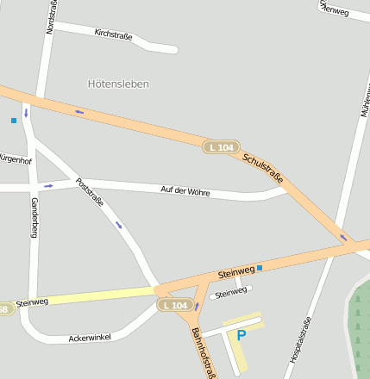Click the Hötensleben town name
118,84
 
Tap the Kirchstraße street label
113,35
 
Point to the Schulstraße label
262,168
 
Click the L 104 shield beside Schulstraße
221,147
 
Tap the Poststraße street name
90,192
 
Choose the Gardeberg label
34,217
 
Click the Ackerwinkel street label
91,337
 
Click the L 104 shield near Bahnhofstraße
173,305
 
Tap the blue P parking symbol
241,334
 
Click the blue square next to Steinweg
260,268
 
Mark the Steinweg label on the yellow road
31,302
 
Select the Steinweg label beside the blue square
235,272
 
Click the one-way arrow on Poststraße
119,226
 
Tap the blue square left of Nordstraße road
14,121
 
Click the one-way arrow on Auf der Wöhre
48,185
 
